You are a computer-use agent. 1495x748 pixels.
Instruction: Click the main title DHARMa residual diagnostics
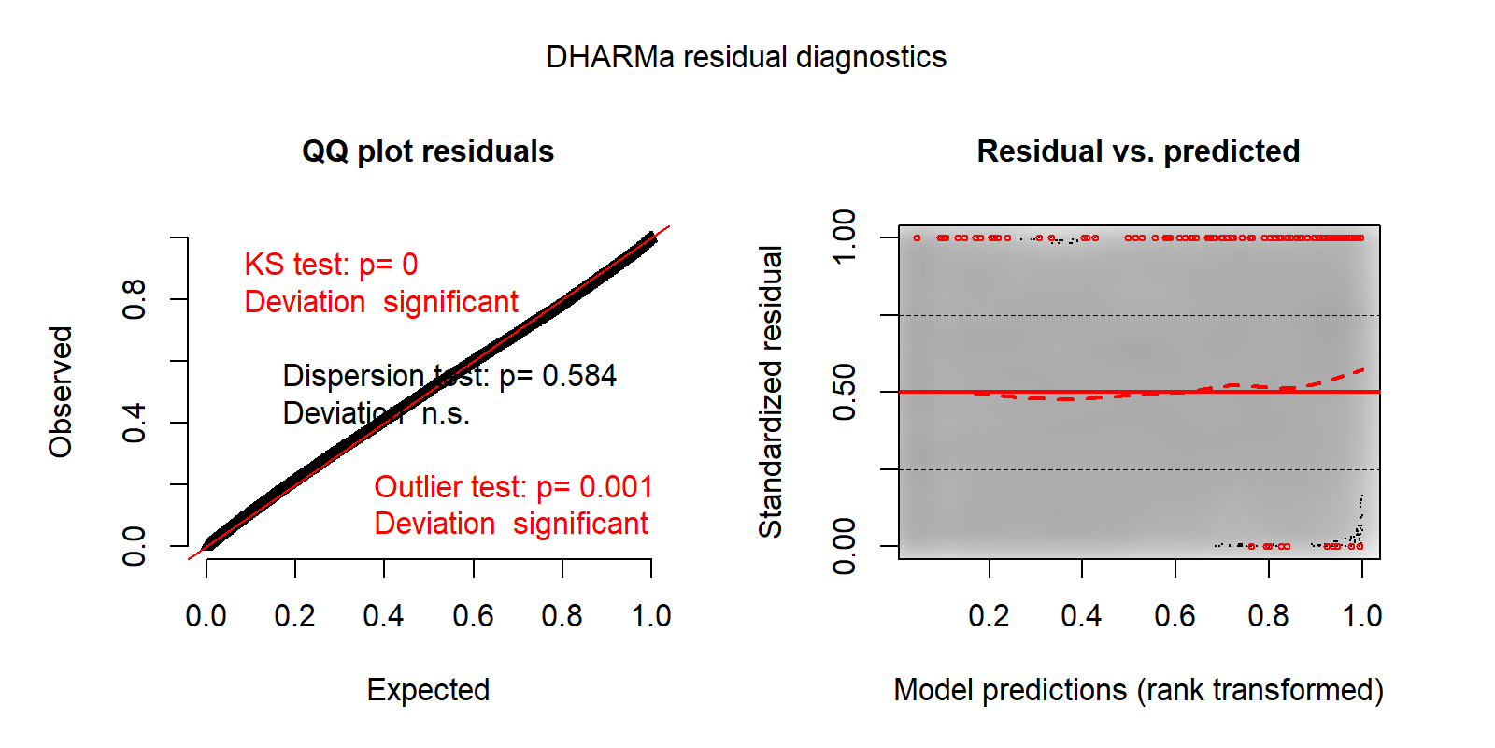pos(746,57)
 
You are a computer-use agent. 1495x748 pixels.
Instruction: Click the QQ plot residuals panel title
pos(428,151)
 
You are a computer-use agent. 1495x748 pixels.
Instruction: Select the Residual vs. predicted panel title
pos(1138,151)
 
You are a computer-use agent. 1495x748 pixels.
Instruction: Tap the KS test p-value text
pos(331,265)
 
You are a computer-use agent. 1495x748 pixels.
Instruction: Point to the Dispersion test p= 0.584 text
pos(449,376)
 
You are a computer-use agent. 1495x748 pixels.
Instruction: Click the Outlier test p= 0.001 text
pos(513,487)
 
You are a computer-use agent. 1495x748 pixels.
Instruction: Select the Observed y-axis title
pos(61,392)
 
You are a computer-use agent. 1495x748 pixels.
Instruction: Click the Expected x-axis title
pos(428,690)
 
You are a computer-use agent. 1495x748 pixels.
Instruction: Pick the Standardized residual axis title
pos(770,392)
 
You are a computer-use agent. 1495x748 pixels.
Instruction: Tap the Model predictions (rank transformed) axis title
pos(1138,690)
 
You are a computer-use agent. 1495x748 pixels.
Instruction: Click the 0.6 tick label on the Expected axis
pos(473,616)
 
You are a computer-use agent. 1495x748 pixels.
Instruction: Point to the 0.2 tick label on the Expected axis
pos(294,616)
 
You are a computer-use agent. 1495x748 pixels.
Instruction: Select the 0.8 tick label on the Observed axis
pos(135,299)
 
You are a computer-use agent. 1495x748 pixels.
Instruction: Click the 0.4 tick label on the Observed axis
pos(135,423)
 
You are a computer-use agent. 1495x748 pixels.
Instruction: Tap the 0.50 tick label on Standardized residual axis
pos(844,392)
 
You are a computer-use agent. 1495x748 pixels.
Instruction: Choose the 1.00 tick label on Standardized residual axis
pos(844,237)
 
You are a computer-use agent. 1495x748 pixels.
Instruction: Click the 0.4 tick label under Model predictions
pos(1081,616)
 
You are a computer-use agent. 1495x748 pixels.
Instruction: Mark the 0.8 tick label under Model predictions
pos(1268,616)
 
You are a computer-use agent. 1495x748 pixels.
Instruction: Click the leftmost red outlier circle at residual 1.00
pos(917,237)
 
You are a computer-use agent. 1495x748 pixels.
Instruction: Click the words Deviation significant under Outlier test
pos(511,524)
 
